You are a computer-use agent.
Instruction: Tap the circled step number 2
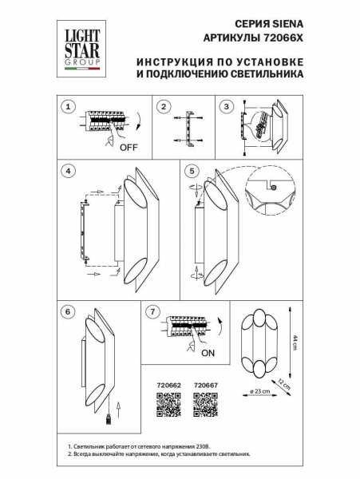(x=163, y=106)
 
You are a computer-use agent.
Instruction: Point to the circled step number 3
(x=227, y=106)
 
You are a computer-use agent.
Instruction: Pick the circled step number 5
(x=191, y=171)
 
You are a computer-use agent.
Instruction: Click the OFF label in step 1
(x=129, y=148)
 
